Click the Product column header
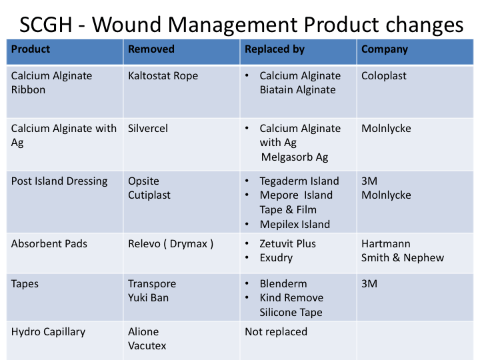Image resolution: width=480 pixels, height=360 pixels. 31,49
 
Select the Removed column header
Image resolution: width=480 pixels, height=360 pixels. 151,49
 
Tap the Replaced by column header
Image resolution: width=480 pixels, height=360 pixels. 275,49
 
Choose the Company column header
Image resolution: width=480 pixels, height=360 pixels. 385,49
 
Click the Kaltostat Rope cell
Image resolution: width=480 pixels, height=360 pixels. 163,76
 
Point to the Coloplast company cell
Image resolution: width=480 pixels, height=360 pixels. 384,76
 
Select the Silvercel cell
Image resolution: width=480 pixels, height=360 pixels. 148,129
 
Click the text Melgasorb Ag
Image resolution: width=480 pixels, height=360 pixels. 294,157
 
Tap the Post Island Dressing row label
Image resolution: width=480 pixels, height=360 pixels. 59,181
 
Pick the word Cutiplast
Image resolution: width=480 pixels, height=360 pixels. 149,195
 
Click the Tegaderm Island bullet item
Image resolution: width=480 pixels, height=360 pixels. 299,181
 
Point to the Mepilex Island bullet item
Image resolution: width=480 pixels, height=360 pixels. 295,225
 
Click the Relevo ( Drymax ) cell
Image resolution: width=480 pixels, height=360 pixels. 171,244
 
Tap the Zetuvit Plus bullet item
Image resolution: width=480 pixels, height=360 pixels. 288,244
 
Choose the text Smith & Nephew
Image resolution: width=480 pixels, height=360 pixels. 403,258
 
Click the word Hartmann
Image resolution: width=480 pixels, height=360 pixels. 386,244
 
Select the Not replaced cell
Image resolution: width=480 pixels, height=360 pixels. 276,332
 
